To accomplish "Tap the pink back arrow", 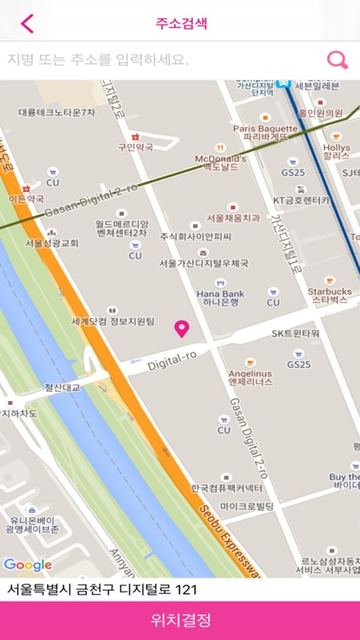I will [27, 23].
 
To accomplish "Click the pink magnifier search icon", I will [338, 60].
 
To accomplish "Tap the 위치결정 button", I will [180, 620].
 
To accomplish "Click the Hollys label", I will [336, 152].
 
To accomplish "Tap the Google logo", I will [27, 565].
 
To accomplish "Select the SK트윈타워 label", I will [295, 333].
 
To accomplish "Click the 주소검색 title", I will [181, 23].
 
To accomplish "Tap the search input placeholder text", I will [98, 60].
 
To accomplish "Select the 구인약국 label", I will [135, 147].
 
